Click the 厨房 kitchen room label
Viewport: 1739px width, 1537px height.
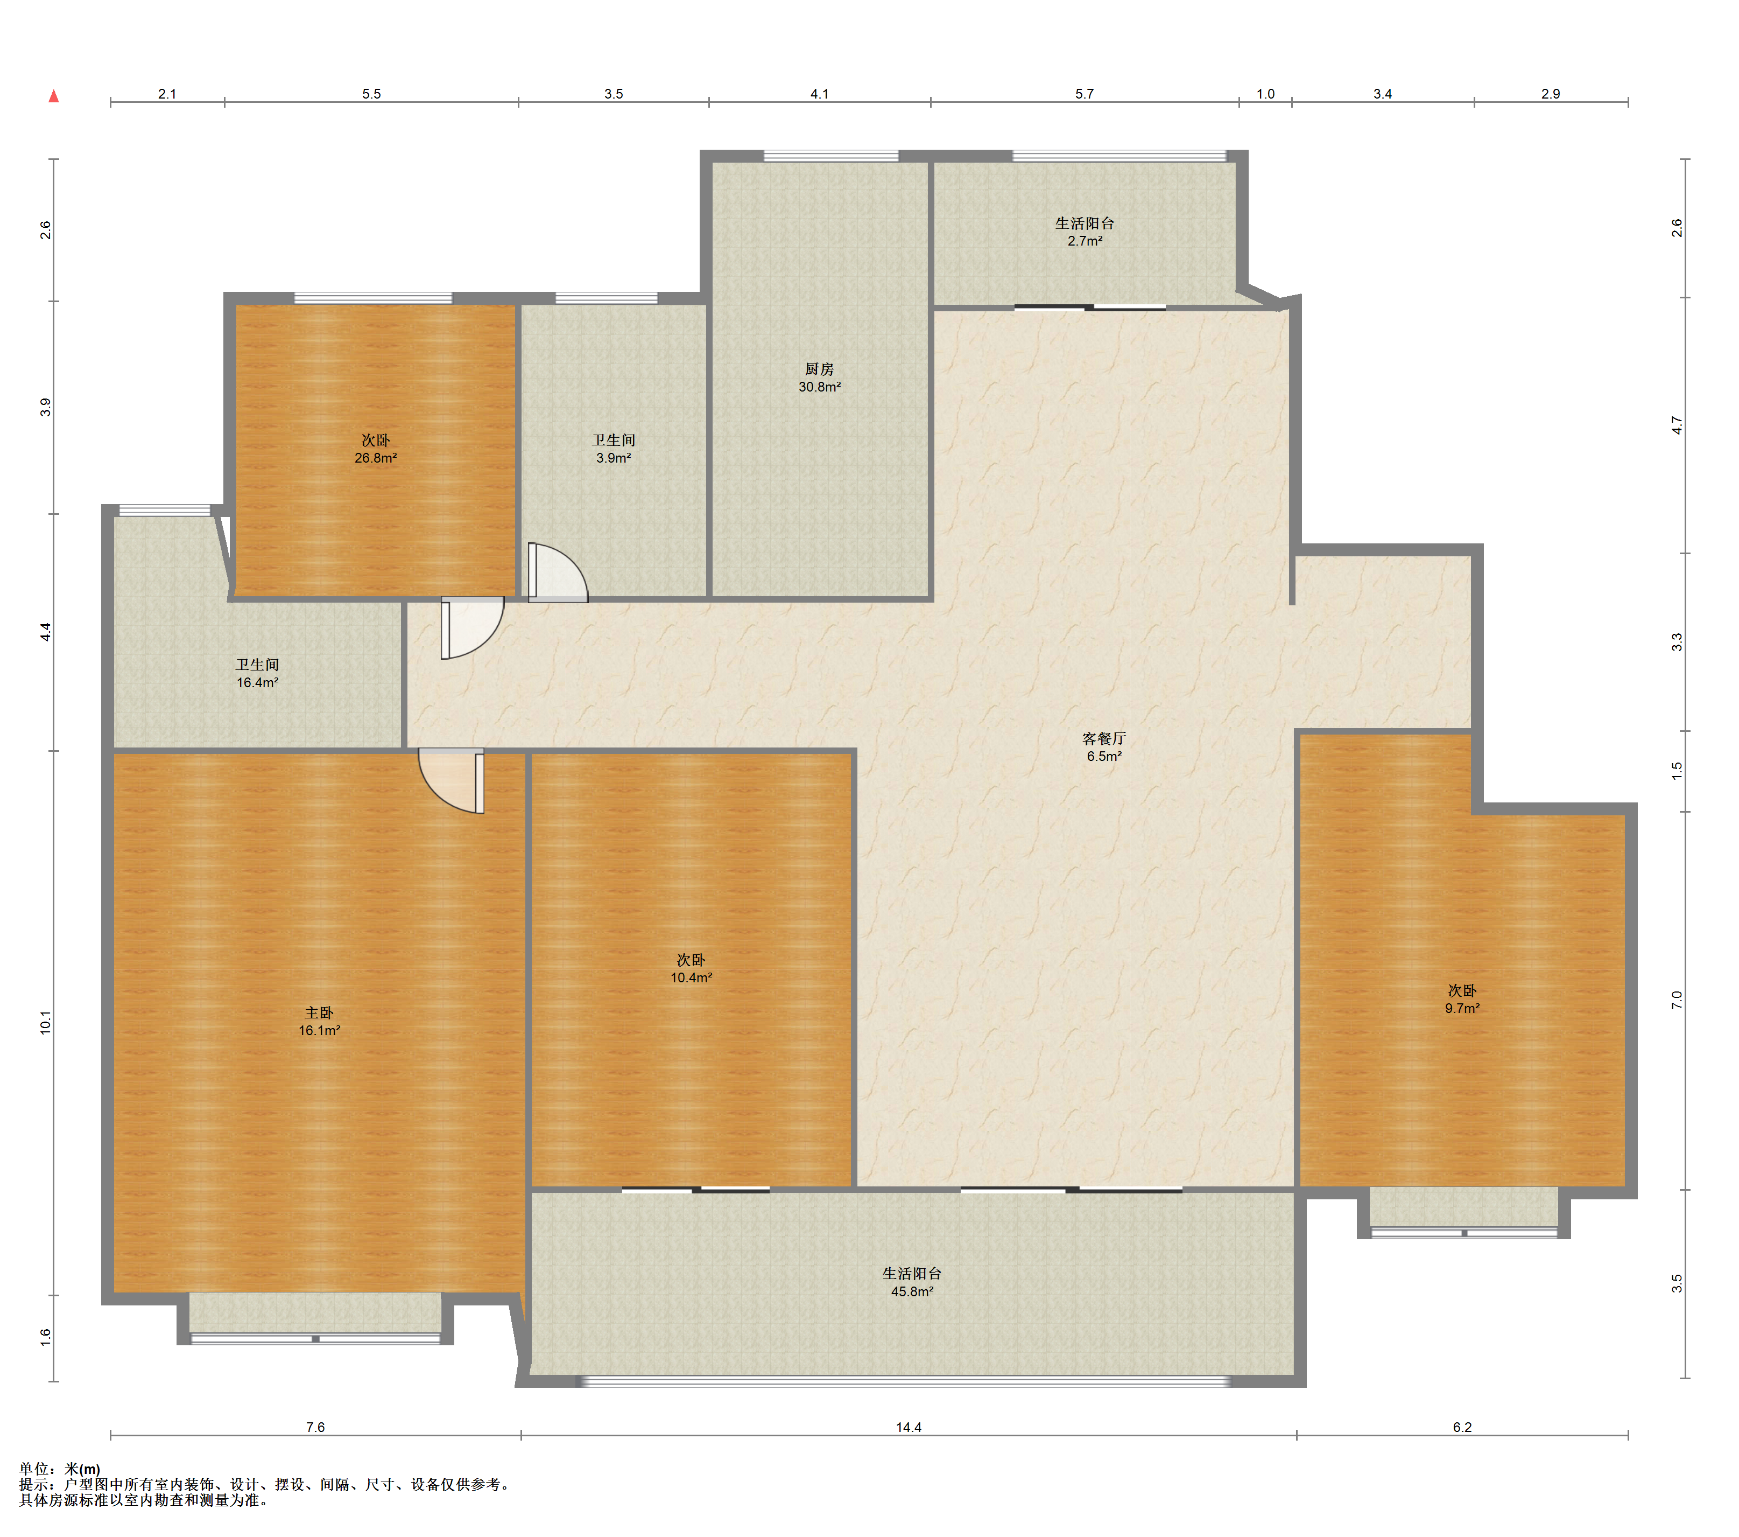coord(819,368)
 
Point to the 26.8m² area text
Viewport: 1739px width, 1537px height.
coord(375,458)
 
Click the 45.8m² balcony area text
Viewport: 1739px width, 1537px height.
coord(912,1291)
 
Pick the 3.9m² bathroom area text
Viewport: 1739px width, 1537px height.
coord(614,458)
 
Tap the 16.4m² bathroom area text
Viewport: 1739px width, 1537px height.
coord(257,682)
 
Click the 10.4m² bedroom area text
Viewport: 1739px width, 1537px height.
coord(691,977)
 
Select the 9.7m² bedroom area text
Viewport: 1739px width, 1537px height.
coord(1462,1008)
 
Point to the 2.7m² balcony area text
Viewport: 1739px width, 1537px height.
coord(1085,241)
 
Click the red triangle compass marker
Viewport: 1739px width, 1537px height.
coord(54,96)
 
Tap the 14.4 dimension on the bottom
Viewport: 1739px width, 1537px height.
coord(909,1427)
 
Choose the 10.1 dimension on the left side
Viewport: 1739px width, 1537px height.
coord(45,1022)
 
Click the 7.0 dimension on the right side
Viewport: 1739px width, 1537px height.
coord(1676,1000)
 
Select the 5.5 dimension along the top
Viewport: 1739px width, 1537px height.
coord(372,94)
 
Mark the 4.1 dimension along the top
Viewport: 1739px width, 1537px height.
coord(819,94)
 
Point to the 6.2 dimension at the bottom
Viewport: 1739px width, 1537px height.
coord(1462,1427)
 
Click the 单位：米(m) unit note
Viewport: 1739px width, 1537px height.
coord(60,1469)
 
